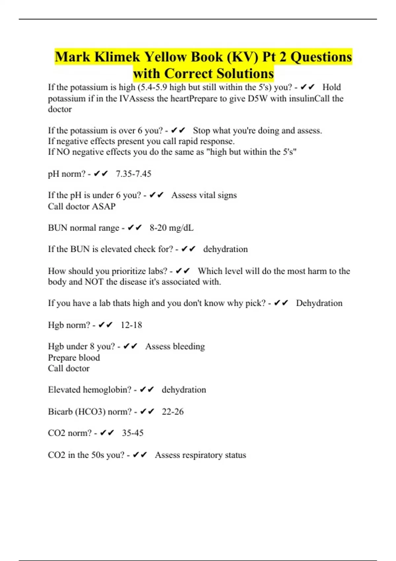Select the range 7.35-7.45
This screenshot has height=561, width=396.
click(x=133, y=174)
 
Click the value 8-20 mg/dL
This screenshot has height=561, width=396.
click(x=171, y=228)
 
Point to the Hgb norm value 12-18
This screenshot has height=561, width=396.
click(x=131, y=325)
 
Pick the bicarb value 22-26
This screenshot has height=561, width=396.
click(x=173, y=412)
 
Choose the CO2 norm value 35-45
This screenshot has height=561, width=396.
click(x=133, y=433)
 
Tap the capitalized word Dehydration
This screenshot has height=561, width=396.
click(x=319, y=303)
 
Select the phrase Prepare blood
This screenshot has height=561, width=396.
click(x=74, y=358)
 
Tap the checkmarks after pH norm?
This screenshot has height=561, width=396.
click(x=101, y=174)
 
